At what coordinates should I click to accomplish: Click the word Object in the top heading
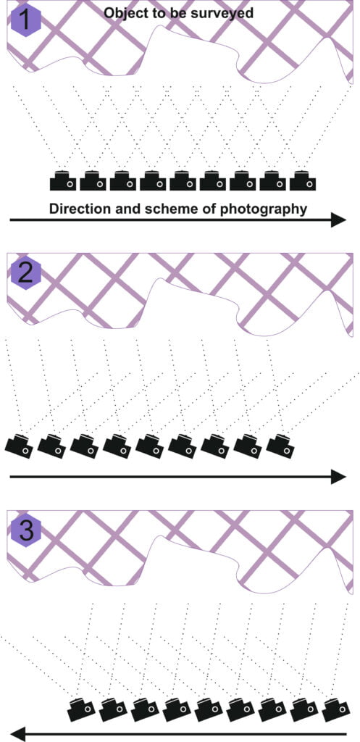tap(124, 13)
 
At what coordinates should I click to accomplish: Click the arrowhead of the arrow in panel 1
tap(338, 220)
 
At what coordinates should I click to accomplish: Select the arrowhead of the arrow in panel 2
tap(338, 476)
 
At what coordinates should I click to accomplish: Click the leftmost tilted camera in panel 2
tap(19, 444)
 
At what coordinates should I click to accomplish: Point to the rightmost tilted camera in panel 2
tap(281, 444)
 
